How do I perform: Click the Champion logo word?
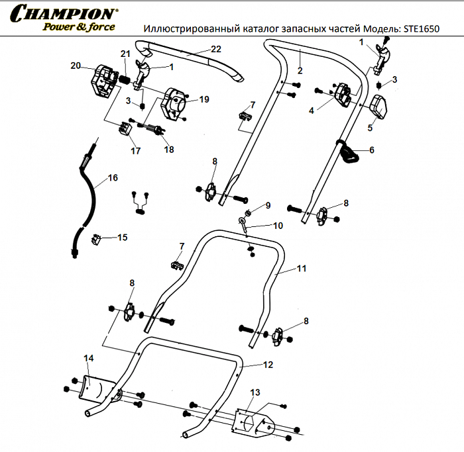coord(64,13)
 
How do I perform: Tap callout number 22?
coord(215,49)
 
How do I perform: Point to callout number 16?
coord(113,177)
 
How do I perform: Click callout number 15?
coord(122,237)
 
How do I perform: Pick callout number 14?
coord(88,358)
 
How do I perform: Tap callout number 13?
coord(255,392)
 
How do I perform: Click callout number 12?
coord(268,365)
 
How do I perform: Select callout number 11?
coord(302,269)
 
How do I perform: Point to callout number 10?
coord(277,225)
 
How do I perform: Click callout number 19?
coord(203,99)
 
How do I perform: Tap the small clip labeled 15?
coord(96,238)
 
